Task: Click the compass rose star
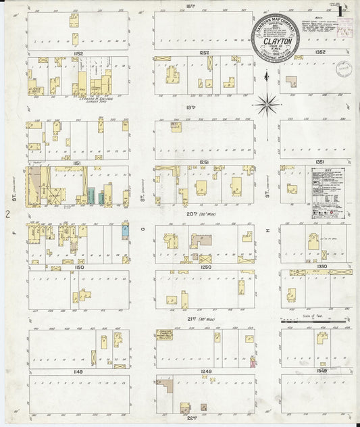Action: tap(267, 104)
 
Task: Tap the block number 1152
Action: tap(78, 53)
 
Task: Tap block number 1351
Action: tap(322, 162)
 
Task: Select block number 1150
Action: tap(78, 268)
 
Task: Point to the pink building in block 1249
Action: tap(253, 362)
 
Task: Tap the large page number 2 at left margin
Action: tap(7, 214)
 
